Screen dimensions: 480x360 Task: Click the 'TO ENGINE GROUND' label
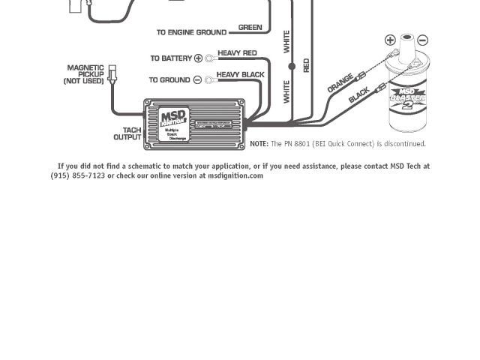pos(191,32)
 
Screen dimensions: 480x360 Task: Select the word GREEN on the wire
pos(250,28)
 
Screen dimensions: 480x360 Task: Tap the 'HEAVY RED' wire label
pos(237,54)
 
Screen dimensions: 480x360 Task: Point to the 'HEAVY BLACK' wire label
pos(240,75)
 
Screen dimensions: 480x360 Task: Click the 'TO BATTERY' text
pos(171,58)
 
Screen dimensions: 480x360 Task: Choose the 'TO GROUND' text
pos(169,79)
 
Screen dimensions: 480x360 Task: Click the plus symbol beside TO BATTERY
pos(199,58)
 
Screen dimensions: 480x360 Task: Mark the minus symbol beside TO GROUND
pos(198,79)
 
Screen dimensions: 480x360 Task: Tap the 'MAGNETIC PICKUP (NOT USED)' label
pos(85,74)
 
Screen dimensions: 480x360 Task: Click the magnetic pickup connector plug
pos(112,73)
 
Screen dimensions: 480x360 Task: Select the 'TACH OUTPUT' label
pos(127,133)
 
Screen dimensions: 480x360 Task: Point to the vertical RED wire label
pos(306,65)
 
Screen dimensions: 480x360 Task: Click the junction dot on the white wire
pos(292,67)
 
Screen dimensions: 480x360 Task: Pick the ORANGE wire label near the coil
pos(340,83)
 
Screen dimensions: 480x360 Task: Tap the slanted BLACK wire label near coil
pos(359,95)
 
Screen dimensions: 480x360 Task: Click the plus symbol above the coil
pos(390,40)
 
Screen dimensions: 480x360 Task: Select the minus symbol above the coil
pos(423,40)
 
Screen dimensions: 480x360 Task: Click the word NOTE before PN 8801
pos(259,144)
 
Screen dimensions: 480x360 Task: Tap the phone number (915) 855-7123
pos(78,175)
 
